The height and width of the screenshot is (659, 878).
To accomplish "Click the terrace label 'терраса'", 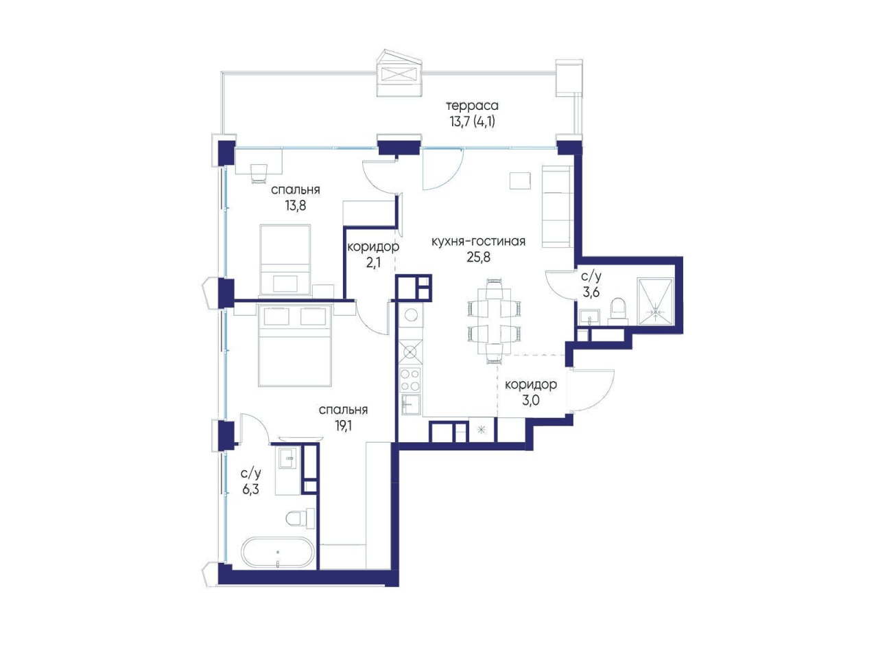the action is [472, 106].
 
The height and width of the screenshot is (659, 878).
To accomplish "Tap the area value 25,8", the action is [478, 257].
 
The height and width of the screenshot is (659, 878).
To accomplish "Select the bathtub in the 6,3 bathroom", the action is [278, 552].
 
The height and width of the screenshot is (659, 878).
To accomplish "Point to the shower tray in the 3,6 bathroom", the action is [655, 301].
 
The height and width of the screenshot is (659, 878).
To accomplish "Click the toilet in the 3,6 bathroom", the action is [619, 311].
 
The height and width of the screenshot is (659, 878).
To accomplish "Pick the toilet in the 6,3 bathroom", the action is [300, 518].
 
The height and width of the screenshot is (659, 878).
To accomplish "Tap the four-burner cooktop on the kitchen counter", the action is [410, 380].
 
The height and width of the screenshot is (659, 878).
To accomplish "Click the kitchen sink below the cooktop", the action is [410, 405].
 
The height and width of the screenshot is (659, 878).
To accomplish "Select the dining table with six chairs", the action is [495, 321].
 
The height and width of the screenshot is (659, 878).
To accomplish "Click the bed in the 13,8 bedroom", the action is [285, 260].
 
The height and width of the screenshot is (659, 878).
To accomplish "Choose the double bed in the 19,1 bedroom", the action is [295, 345].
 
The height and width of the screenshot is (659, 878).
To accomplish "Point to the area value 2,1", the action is [372, 263].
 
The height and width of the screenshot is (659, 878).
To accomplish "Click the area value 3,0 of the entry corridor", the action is [531, 400].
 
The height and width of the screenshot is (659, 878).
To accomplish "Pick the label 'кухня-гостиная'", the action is [478, 242].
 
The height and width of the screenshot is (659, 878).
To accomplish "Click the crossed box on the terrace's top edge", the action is [401, 76].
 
